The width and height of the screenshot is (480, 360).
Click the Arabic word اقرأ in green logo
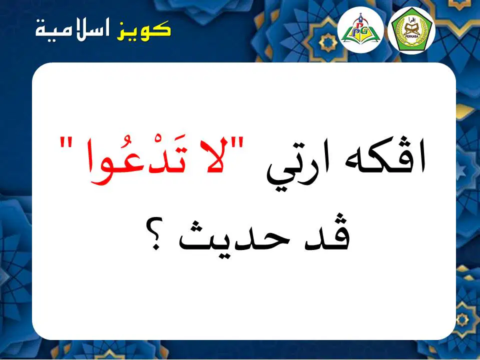[x=411, y=21]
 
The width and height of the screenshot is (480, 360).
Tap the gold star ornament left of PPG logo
[x=328, y=43]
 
